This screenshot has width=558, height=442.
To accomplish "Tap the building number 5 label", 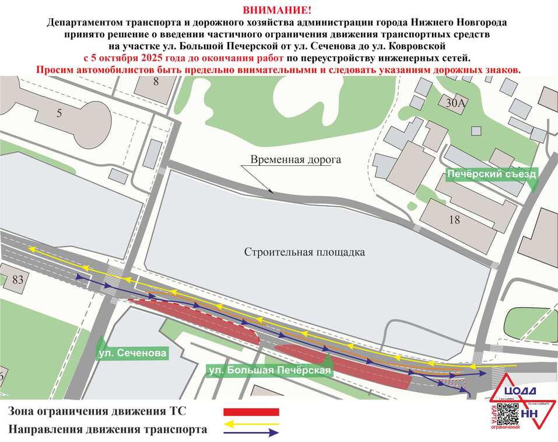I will pyautogui.click(x=59, y=114).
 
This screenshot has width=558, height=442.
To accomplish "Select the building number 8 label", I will pyautogui.click(x=156, y=82).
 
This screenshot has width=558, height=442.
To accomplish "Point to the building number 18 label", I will pyautogui.click(x=455, y=220).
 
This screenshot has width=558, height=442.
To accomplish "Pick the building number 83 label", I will pyautogui.click(x=17, y=280).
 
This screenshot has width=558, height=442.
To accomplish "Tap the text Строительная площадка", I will pyautogui.click(x=304, y=252).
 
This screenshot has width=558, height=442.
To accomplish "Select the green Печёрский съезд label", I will pyautogui.click(x=490, y=174).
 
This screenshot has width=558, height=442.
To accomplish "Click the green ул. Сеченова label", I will pyautogui.click(x=132, y=353).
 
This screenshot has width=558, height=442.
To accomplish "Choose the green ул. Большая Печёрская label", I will pyautogui.click(x=270, y=370).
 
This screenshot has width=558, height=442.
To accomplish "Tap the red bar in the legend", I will pyautogui.click(x=252, y=412).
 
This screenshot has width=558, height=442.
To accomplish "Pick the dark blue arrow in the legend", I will pyautogui.click(x=252, y=433).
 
